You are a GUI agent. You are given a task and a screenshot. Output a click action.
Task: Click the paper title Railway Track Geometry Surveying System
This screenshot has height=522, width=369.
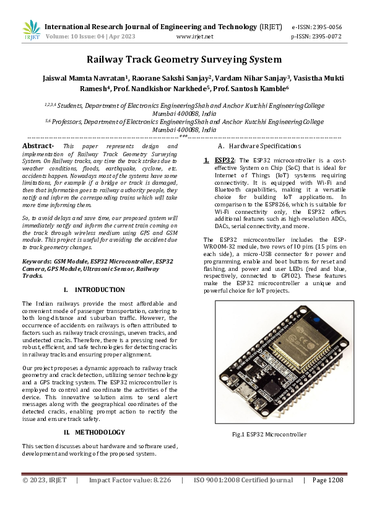(x=184, y=60)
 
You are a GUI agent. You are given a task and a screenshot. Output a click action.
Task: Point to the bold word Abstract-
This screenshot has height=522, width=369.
(x=38, y=145)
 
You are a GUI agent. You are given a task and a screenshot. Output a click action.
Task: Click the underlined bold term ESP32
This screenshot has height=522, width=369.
(x=224, y=160)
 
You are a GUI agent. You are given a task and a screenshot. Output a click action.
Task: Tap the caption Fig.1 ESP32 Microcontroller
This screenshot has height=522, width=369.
(x=269, y=435)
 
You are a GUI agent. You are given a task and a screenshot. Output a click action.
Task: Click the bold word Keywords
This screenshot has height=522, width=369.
(x=37, y=262)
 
